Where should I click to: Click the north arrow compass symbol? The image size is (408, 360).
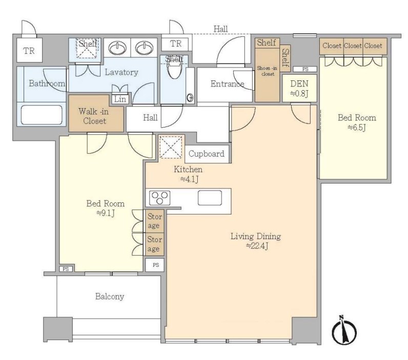[344, 331]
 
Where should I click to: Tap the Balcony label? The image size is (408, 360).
[110, 297]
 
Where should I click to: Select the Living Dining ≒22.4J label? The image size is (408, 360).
[256, 241]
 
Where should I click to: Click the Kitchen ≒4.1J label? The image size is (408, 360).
[188, 174]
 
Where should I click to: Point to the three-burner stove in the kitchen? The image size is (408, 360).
[160, 198]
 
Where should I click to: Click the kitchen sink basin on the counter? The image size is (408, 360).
[210, 198]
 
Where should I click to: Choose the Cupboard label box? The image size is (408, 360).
[207, 154]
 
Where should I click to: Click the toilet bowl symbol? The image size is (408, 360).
[174, 68]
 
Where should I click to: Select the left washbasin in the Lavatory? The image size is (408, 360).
[117, 48]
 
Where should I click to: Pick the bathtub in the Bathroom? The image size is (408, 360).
[42, 115]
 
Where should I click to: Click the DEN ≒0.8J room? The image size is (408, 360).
[299, 89]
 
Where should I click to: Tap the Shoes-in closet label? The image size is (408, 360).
[267, 71]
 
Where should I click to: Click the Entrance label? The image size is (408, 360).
[227, 84]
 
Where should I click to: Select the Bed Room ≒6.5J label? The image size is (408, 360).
[357, 122]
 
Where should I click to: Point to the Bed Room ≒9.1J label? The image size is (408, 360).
[106, 208]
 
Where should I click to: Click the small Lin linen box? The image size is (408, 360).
[120, 99]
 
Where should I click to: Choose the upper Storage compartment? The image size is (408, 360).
[154, 221]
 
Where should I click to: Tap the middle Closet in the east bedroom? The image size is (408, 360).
[353, 46]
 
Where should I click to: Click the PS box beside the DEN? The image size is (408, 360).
[305, 69]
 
